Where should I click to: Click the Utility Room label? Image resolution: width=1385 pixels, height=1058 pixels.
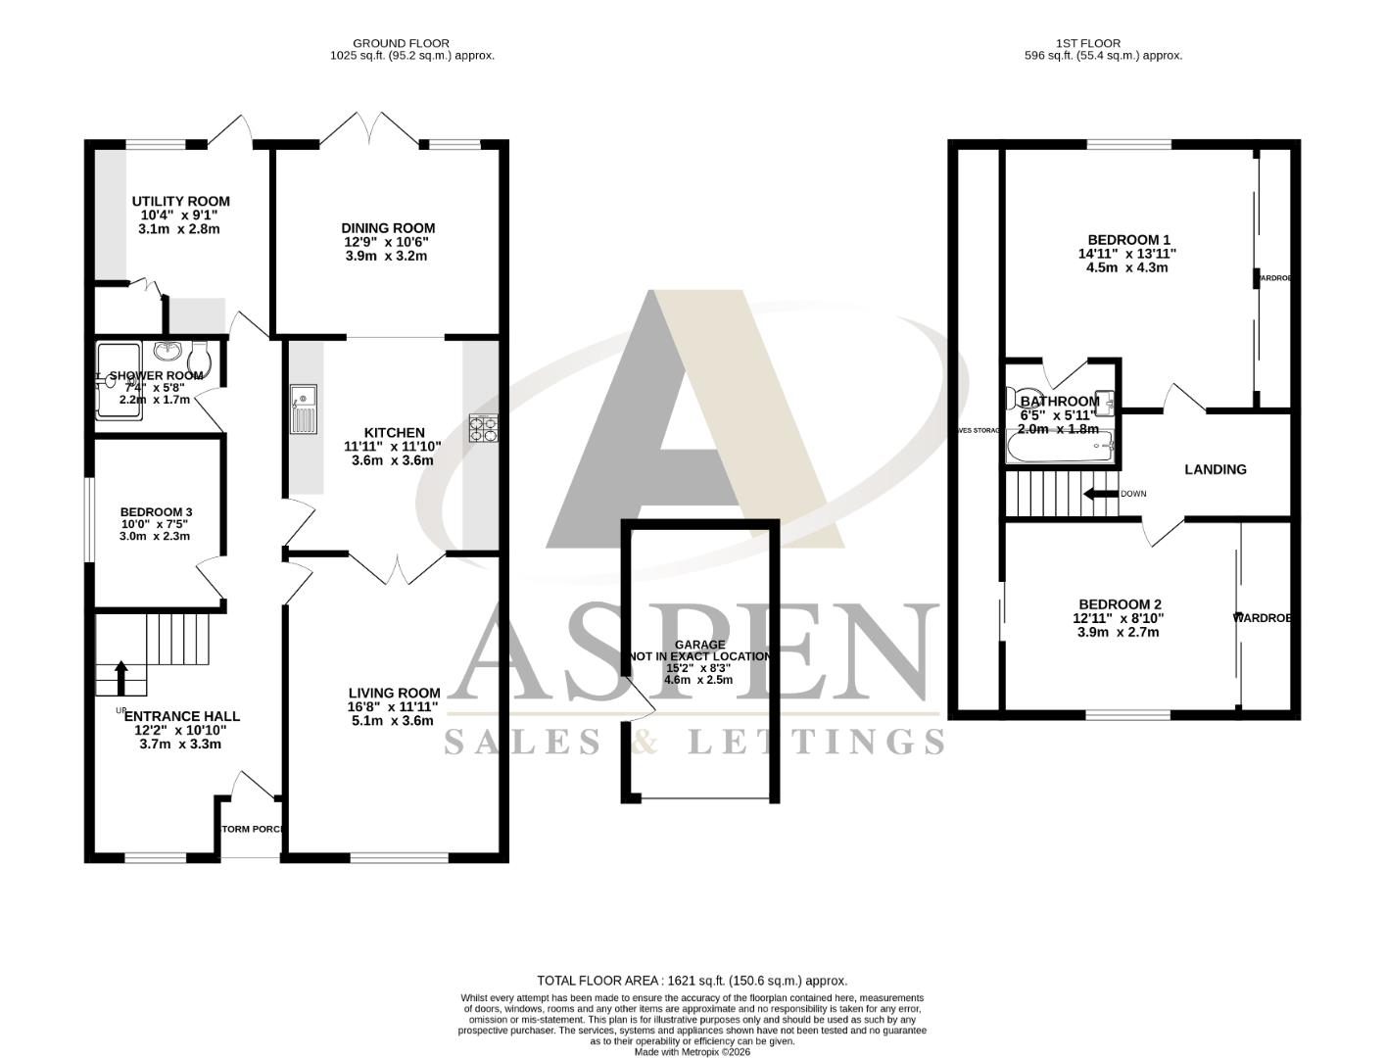point(181,202)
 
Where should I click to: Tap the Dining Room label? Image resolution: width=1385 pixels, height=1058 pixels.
point(388,228)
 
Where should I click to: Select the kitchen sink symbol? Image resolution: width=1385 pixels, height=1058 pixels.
point(303,409)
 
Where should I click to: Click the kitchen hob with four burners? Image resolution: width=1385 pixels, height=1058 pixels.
point(485,429)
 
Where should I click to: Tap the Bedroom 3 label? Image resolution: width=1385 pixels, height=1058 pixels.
point(156,512)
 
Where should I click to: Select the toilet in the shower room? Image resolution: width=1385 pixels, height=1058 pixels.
point(199,359)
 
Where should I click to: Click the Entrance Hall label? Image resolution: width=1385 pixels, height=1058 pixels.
point(182,716)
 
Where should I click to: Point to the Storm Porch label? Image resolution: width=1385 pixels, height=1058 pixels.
point(252,830)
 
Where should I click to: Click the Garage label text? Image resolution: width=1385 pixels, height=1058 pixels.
point(699,645)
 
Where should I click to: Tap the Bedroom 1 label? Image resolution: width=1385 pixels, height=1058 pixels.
point(1128,240)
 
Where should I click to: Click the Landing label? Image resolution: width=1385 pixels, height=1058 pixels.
point(1216,469)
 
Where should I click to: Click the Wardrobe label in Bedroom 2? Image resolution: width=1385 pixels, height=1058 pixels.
point(1262,618)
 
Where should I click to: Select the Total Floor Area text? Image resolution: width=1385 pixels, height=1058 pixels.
point(692,981)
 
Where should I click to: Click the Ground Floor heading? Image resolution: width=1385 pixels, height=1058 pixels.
point(401,43)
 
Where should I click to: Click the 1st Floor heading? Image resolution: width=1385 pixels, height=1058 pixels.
point(1088,43)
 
